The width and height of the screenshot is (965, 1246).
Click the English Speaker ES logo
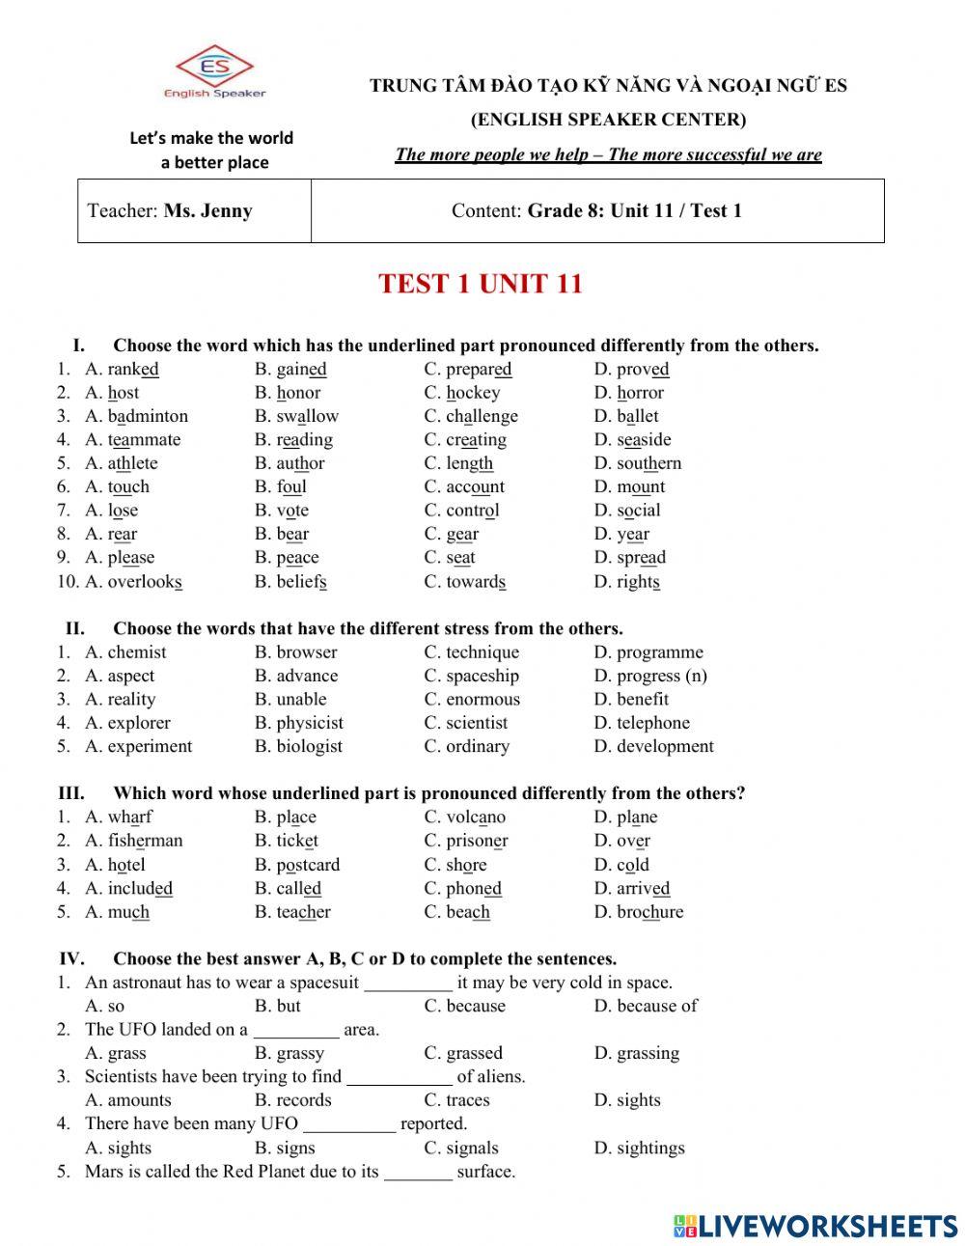coord(214,71)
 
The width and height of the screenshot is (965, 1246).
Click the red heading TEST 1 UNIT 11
coord(481,284)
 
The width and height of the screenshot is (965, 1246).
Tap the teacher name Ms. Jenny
coord(207,210)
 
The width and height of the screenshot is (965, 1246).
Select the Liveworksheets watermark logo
coord(815,1226)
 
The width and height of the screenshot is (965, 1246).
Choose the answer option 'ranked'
coord(132,369)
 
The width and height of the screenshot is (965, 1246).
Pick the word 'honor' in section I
coord(298,393)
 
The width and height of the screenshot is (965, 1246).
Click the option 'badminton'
coord(148,416)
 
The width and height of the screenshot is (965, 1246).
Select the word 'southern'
coord(648,463)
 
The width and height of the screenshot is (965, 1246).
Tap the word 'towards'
coord(476,581)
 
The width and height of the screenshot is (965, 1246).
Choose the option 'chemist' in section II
coord(136,652)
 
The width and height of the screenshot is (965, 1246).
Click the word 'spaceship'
coord(482,676)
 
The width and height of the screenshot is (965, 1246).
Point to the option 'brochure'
coord(649,912)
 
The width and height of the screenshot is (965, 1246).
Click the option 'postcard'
coord(308,865)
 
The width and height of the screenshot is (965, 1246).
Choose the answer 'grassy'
coord(300,1053)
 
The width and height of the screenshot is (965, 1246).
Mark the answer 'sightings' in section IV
coord(650,1148)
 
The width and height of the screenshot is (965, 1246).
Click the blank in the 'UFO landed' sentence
coord(296,1030)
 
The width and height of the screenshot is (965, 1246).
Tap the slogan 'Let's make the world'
coord(211,138)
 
